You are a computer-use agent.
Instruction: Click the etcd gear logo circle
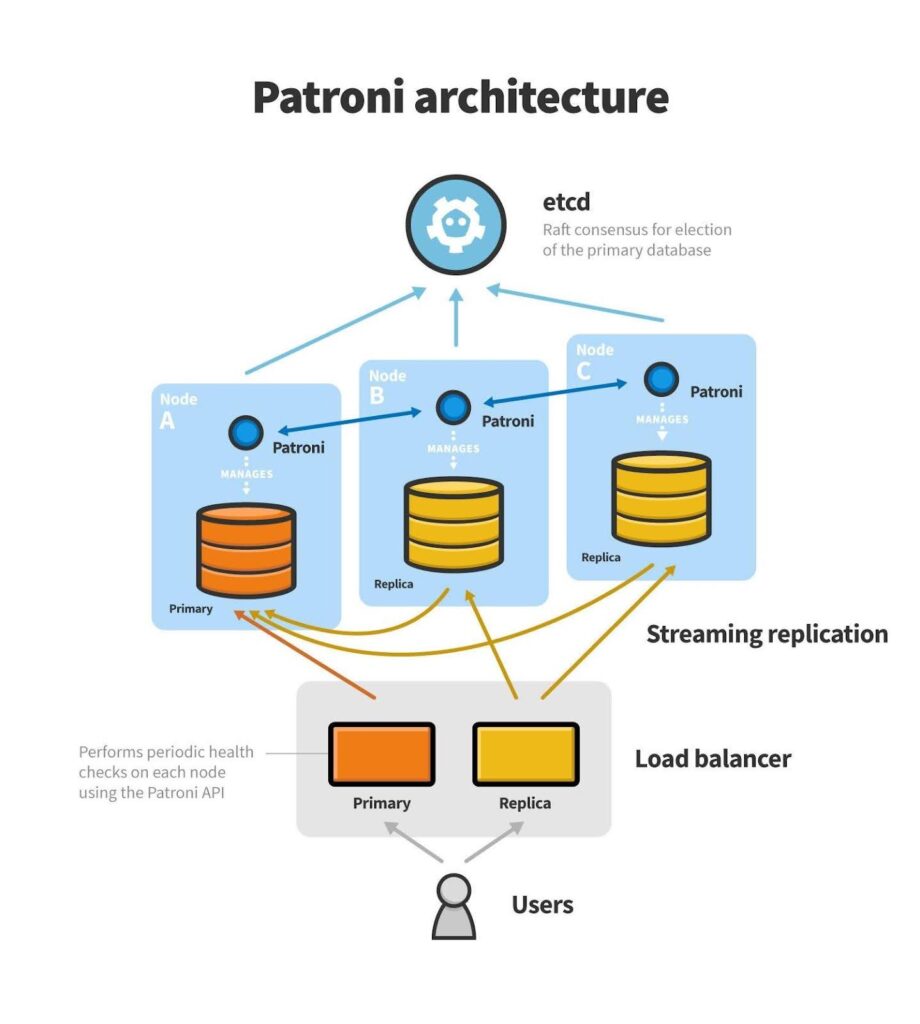(455, 223)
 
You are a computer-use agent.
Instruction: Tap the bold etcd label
(566, 202)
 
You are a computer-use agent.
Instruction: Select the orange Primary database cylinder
(246, 549)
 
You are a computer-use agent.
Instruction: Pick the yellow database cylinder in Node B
(453, 525)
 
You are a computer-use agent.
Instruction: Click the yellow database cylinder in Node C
(660, 497)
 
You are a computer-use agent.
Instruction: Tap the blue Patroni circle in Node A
(245, 433)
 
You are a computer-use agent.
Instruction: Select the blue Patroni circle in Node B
(453, 407)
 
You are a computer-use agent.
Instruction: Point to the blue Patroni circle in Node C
(660, 379)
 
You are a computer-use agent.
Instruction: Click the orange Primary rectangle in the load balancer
(381, 754)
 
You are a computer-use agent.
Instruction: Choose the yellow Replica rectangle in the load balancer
(525, 754)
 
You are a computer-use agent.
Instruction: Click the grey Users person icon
(453, 906)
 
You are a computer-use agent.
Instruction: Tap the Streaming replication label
(767, 634)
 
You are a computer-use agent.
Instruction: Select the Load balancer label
(712, 758)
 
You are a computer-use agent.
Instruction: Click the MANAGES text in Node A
(246, 474)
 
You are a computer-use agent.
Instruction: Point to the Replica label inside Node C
(601, 557)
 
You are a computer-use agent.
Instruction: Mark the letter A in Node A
(167, 421)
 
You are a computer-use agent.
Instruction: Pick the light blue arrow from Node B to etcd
(455, 320)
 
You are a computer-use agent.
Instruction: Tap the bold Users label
(542, 905)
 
